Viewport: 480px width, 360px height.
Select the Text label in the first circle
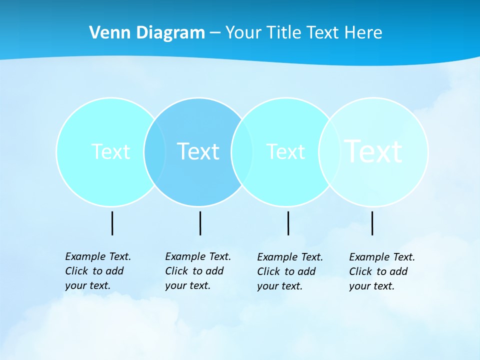coord(110,151)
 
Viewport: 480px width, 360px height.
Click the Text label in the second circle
coord(198,151)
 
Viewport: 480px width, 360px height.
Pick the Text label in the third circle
coord(285,151)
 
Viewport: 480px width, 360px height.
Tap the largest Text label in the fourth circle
coord(373,151)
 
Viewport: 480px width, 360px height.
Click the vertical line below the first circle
coord(112,223)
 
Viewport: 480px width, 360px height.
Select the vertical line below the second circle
coord(200,223)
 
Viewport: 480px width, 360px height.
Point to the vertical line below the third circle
coord(288,223)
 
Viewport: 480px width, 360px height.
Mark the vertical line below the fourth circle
coord(372,223)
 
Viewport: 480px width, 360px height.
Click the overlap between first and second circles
coord(155,151)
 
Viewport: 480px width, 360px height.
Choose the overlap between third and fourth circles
coord(327,151)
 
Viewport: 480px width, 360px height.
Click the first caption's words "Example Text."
coord(98,256)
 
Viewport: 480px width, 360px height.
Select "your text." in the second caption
coord(188,285)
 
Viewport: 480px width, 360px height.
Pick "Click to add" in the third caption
coord(286,271)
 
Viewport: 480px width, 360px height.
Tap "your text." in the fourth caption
coord(372,286)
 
